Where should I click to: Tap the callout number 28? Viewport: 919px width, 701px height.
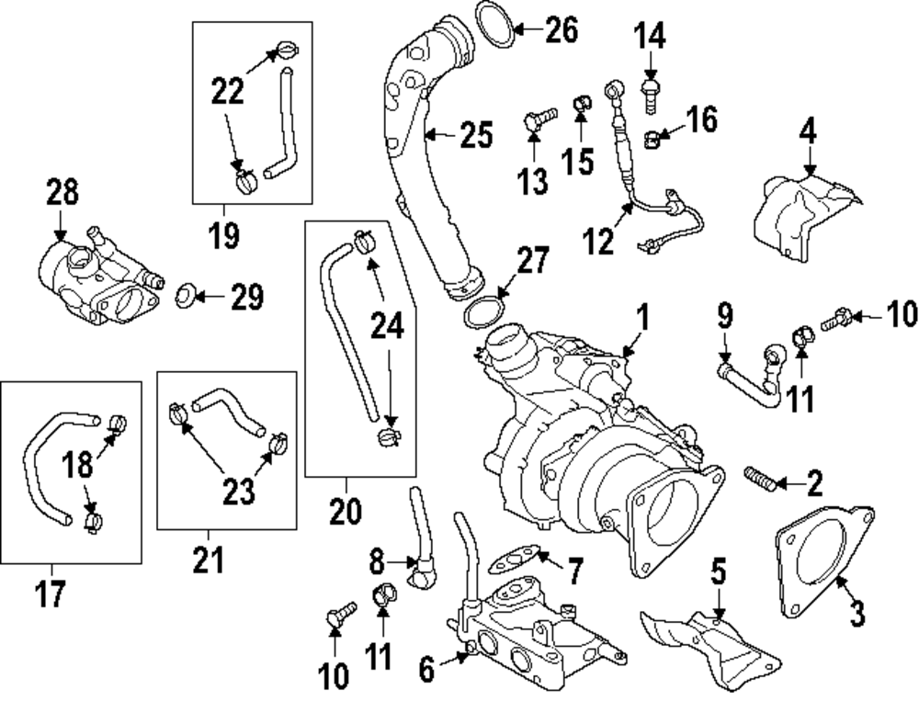click(62, 194)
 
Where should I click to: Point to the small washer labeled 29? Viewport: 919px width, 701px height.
click(183, 296)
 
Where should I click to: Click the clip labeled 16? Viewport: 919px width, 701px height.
click(653, 141)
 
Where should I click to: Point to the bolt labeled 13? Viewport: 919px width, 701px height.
click(536, 120)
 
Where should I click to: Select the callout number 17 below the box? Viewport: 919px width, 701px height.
click(50, 594)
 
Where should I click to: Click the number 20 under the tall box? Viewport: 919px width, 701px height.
click(346, 511)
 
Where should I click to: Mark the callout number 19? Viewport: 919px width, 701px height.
click(223, 234)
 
